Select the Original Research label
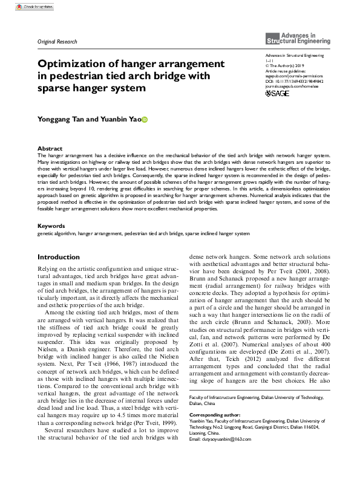(x=57, y=42)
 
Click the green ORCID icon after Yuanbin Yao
(x=145, y=120)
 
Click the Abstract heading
(x=50, y=148)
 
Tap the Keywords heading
(x=51, y=209)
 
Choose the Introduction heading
(x=59, y=240)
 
